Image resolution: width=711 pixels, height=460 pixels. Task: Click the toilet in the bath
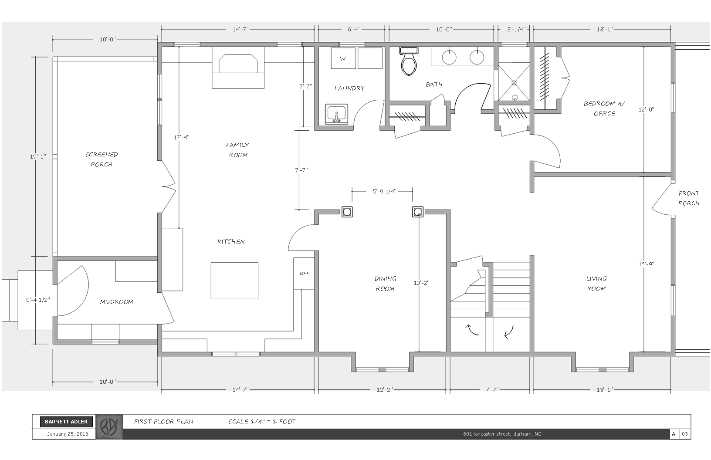coord(409,63)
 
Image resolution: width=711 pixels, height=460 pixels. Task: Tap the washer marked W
coord(343,58)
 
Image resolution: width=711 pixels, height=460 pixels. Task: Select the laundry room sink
coord(336,115)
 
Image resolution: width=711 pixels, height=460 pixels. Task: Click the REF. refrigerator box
coord(304,273)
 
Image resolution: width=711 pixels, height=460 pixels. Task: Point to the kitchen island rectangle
coord(234,281)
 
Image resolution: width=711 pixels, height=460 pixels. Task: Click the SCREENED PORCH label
coord(102,159)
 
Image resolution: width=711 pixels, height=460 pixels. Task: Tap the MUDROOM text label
coord(116,301)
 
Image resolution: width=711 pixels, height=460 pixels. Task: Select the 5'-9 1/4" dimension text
coord(384,191)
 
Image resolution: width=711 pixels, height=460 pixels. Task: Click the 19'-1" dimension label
coord(38,156)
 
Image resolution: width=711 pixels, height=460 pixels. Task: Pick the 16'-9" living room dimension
coord(647,264)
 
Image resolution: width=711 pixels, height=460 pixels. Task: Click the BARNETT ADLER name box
coord(67,422)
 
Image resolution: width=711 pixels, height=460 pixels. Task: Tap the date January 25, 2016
coord(68,434)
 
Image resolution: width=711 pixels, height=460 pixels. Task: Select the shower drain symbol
coord(514,82)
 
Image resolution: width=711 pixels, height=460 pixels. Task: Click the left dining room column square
coord(347,212)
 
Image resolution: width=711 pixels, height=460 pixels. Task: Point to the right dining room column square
coord(418,212)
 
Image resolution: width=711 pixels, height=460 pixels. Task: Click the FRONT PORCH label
coord(689,198)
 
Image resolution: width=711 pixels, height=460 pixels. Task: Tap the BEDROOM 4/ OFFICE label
coord(604,108)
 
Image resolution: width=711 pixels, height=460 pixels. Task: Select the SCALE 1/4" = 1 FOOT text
coord(262,421)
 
